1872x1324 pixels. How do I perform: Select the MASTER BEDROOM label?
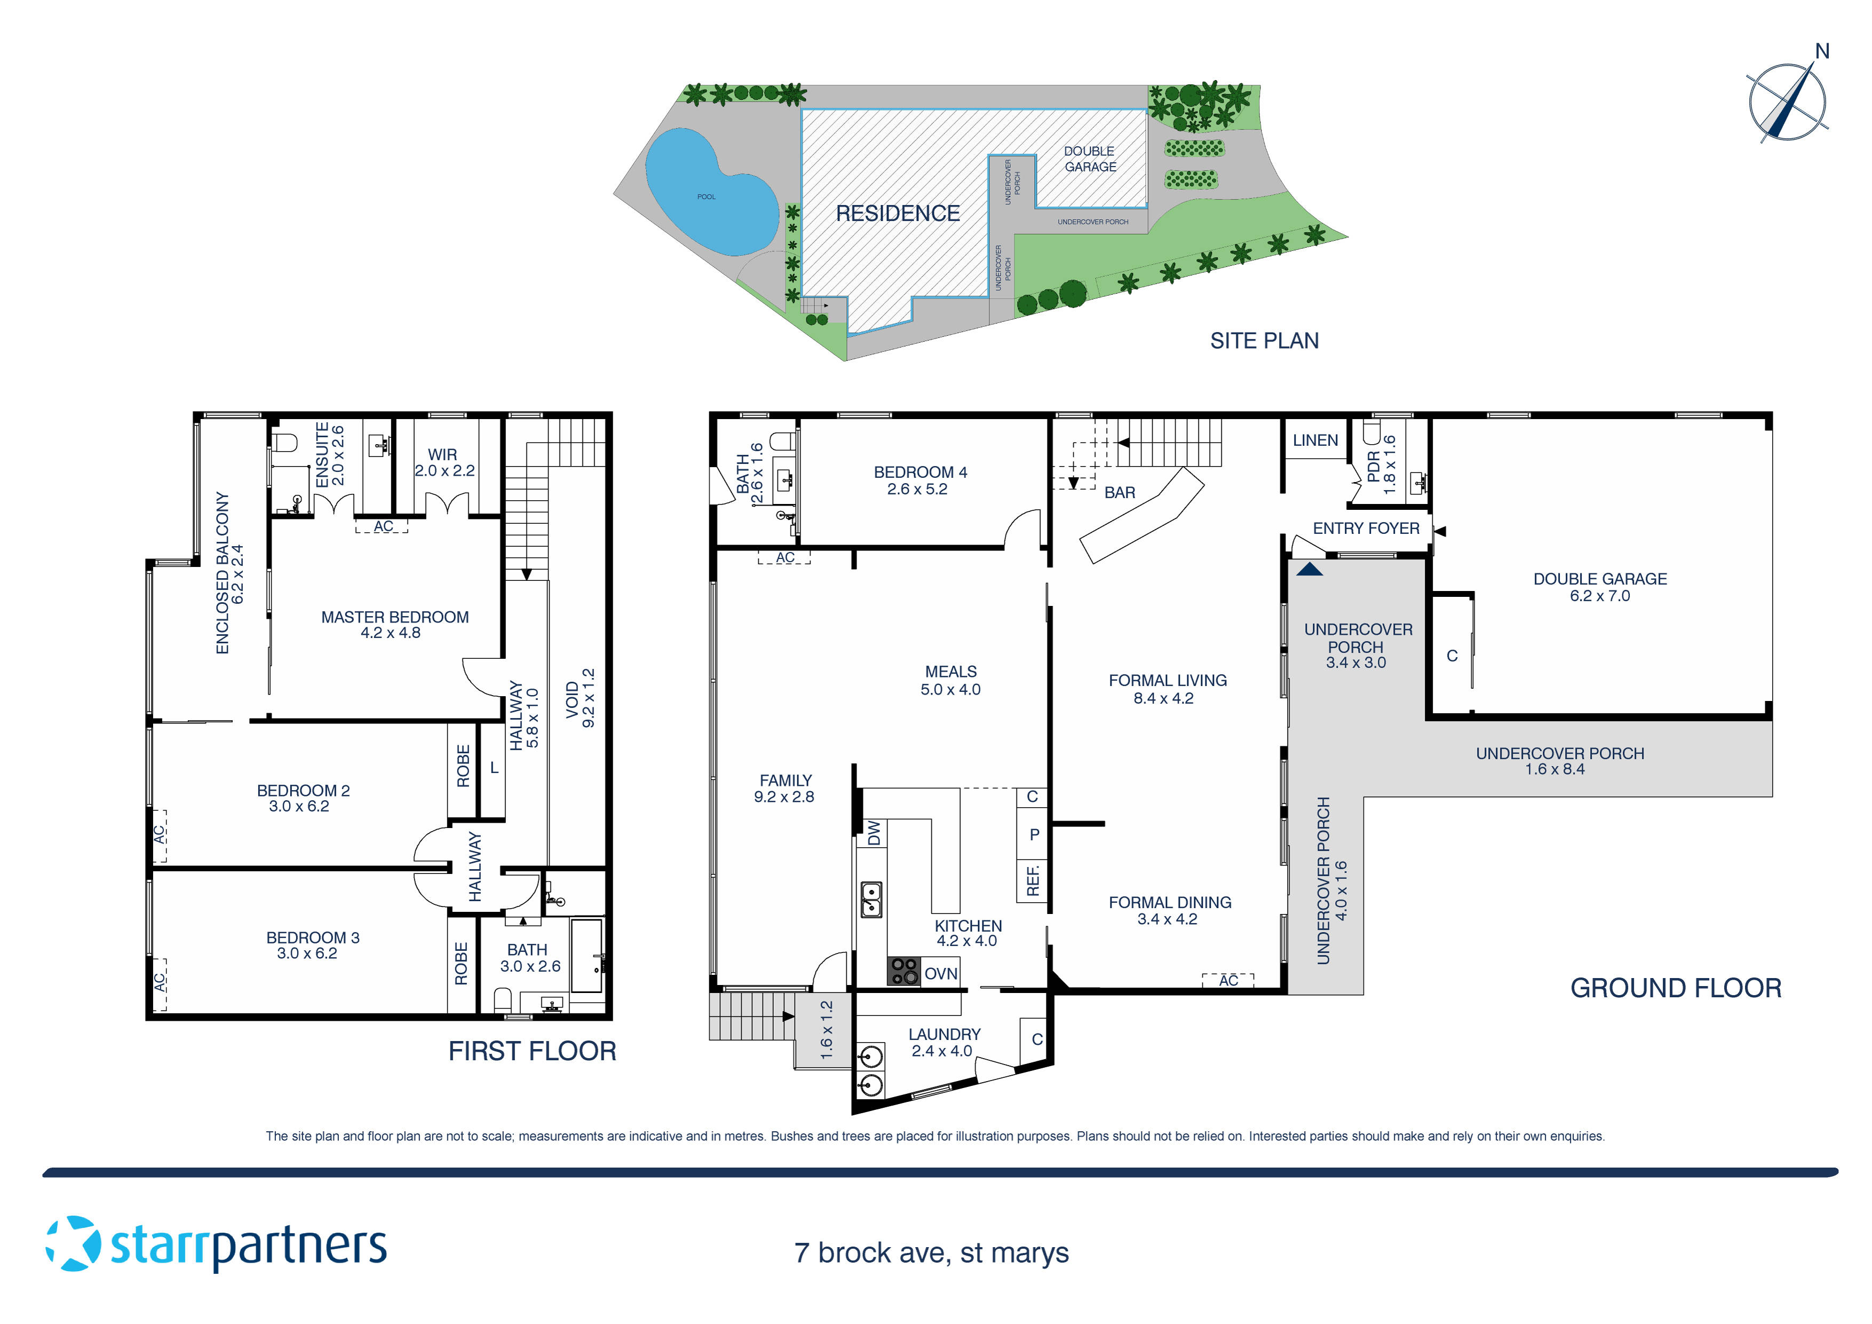[x=394, y=625]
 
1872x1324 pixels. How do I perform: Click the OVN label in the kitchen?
[x=940, y=973]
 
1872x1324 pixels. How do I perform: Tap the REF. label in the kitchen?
[x=1032, y=881]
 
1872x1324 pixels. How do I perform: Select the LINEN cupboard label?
[x=1315, y=440]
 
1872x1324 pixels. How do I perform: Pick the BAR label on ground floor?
[x=1120, y=493]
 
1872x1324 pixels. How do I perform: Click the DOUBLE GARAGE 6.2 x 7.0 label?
[x=1600, y=587]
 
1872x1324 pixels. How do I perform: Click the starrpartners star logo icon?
[x=74, y=1243]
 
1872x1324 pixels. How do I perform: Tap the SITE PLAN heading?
[x=1264, y=341]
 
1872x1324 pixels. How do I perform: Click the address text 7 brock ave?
[x=931, y=1252]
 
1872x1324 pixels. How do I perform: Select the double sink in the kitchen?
[x=871, y=899]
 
